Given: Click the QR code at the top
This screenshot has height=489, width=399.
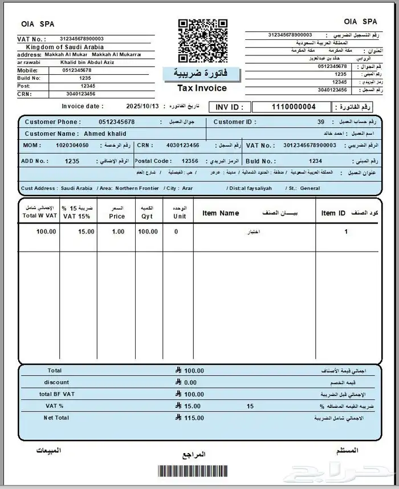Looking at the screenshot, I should pos(203,41).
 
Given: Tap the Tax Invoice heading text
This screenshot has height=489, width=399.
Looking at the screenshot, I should pos(202,88).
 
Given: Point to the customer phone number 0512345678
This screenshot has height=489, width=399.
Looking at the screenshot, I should pos(116,122).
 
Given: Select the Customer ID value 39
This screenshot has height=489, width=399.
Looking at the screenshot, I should pos(321,122).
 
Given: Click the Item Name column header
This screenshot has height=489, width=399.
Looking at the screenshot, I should pos(221,213).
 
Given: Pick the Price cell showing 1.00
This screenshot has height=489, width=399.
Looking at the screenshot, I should pos(118,232).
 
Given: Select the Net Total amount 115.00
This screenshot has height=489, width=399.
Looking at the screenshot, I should pos(194,418).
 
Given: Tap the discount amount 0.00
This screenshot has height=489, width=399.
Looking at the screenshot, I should pos(190,382).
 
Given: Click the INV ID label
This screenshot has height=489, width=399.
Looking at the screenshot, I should pos(229,107).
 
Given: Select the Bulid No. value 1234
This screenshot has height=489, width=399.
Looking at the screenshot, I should pos(315,161).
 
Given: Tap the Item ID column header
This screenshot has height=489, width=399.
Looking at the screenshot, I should pos(333,213).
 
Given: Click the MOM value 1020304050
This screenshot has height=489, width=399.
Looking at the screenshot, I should pos(72,146).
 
